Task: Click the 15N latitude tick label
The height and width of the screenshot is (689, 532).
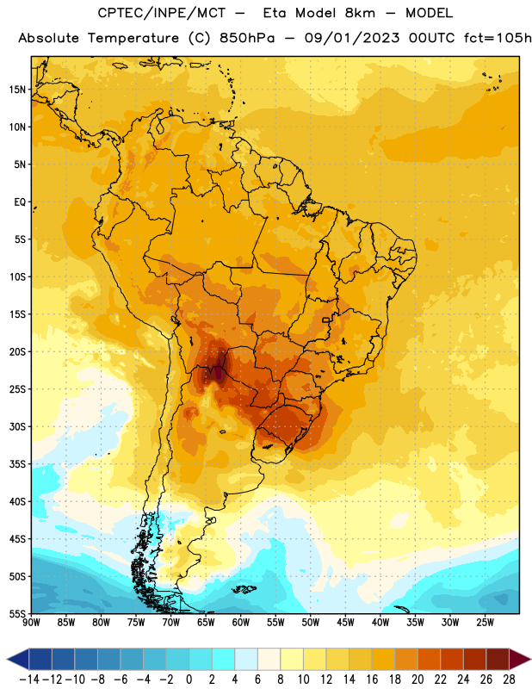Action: [17, 90]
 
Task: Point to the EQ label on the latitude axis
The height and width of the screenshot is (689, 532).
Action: [20, 202]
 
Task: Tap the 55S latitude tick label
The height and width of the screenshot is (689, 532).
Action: [17, 614]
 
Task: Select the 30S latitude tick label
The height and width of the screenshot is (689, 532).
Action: [17, 426]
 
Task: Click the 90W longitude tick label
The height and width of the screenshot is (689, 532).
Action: [31, 623]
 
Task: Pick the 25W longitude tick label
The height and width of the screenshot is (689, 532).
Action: [486, 623]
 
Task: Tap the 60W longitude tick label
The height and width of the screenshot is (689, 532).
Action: [241, 623]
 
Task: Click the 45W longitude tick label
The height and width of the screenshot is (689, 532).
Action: [346, 623]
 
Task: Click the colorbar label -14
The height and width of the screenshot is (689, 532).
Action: [29, 680]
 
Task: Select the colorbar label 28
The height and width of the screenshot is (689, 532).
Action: [509, 680]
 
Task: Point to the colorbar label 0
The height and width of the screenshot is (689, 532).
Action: [189, 680]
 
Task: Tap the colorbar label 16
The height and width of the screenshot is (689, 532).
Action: [372, 680]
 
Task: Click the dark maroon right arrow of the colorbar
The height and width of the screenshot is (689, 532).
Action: [520, 659]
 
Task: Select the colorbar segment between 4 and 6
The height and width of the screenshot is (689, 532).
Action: [246, 659]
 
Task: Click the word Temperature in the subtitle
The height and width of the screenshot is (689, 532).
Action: [133, 38]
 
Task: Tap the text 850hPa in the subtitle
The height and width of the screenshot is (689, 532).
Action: [247, 38]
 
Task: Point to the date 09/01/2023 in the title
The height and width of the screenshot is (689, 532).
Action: [352, 38]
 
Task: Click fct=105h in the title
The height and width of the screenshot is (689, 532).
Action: [498, 38]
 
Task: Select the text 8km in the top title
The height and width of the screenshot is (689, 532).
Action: [360, 13]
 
